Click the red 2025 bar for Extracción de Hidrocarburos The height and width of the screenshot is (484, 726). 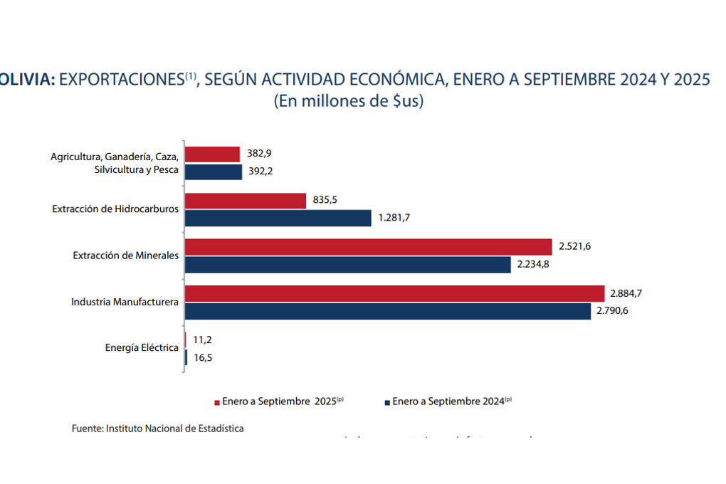tap(246, 201)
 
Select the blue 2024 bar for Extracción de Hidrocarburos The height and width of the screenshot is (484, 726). tap(278, 218)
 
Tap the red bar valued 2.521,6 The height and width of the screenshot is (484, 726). tap(369, 247)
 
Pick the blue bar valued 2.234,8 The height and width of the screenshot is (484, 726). tap(348, 265)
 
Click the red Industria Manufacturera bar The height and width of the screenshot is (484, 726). tap(395, 293)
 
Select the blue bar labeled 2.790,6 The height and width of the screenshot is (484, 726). tap(388, 311)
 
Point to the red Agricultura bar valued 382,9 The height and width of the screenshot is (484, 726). tap(213, 154)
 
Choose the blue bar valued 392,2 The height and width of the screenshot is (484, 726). tap(214, 172)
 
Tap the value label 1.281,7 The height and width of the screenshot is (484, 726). tap(394, 218)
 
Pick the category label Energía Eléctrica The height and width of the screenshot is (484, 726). tap(142, 348)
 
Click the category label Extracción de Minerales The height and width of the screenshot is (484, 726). tap(125, 256)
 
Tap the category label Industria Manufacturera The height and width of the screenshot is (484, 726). tap(125, 302)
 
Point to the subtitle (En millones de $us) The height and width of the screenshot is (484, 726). tap(349, 101)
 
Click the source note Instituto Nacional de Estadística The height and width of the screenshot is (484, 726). tap(157, 428)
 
